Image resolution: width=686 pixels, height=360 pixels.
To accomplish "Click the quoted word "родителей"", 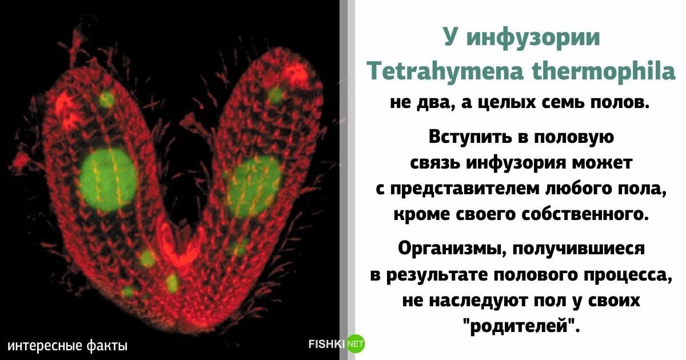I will coord(521,326).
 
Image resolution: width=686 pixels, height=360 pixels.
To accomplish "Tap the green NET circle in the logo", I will coord(355,343).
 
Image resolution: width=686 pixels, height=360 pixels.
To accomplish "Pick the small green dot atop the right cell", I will coord(276,94).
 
